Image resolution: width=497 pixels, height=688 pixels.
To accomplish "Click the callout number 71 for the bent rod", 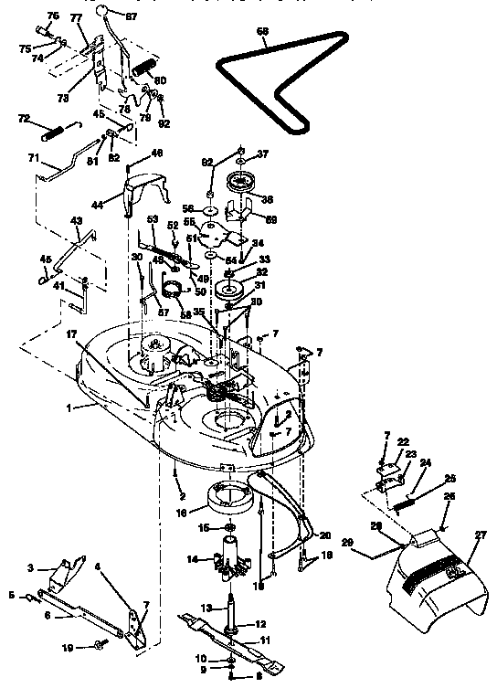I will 32,159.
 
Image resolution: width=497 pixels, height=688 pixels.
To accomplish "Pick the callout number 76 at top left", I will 51,16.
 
